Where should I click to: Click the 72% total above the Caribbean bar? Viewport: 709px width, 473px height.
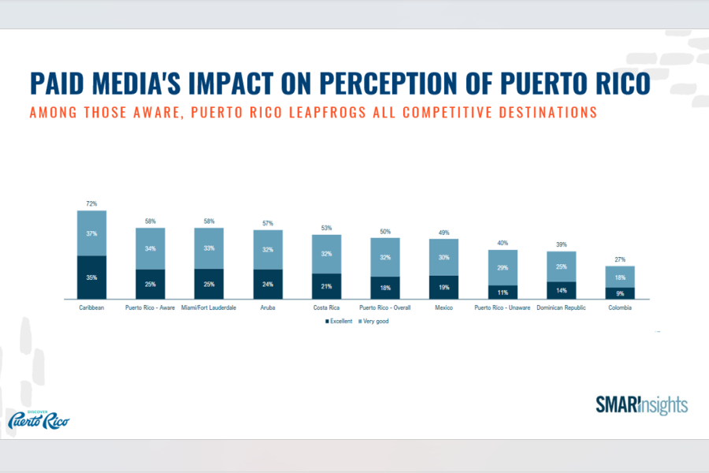(x=91, y=203)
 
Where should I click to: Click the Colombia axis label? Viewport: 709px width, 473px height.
(x=620, y=307)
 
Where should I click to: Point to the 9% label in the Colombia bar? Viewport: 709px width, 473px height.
(x=620, y=292)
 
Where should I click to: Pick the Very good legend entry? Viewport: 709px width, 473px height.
(x=375, y=322)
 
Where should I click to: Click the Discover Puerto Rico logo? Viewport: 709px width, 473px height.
(x=39, y=419)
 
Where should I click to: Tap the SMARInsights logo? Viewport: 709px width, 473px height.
(x=641, y=405)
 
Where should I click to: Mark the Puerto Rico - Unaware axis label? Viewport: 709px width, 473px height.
(x=503, y=307)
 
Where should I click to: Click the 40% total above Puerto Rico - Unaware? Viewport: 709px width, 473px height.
(x=503, y=243)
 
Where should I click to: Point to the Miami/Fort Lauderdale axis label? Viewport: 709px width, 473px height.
(x=209, y=307)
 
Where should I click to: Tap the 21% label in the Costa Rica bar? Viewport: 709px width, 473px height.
(x=326, y=285)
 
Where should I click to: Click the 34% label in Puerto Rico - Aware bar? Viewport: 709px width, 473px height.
(x=150, y=248)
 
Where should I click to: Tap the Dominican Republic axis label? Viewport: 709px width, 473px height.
(x=561, y=307)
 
